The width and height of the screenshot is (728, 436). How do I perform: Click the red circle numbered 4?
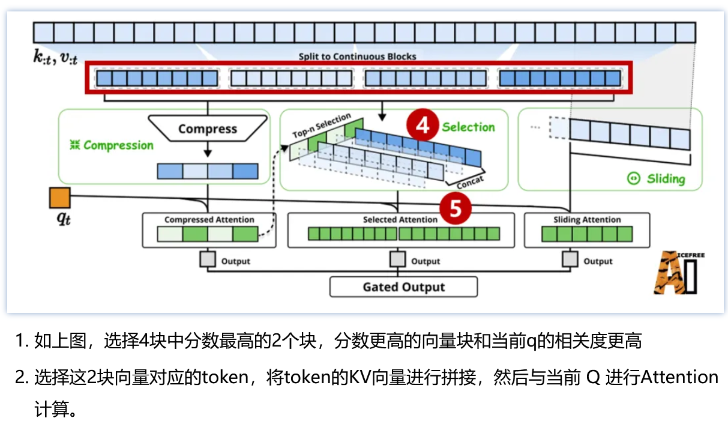tap(423, 126)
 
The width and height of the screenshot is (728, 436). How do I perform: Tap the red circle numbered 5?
tap(456, 208)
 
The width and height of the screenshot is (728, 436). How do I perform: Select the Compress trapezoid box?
tap(207, 129)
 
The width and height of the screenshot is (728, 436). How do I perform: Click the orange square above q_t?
tap(60, 198)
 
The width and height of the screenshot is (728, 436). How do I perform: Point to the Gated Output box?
tap(403, 287)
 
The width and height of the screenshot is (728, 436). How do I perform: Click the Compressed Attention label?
tap(209, 220)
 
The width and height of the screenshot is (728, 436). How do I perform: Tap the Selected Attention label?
tap(400, 220)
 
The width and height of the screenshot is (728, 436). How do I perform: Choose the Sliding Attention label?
tap(587, 220)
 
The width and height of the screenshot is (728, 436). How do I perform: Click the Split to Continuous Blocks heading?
tap(358, 56)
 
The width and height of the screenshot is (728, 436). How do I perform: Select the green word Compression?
tap(118, 145)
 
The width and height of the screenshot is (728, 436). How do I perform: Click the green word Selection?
tap(468, 127)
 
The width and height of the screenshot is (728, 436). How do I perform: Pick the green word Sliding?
tap(666, 179)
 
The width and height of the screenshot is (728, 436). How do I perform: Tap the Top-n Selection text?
tap(321, 126)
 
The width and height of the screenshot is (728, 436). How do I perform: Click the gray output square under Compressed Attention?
tap(208, 260)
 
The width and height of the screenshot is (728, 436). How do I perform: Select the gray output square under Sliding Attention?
tap(570, 260)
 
